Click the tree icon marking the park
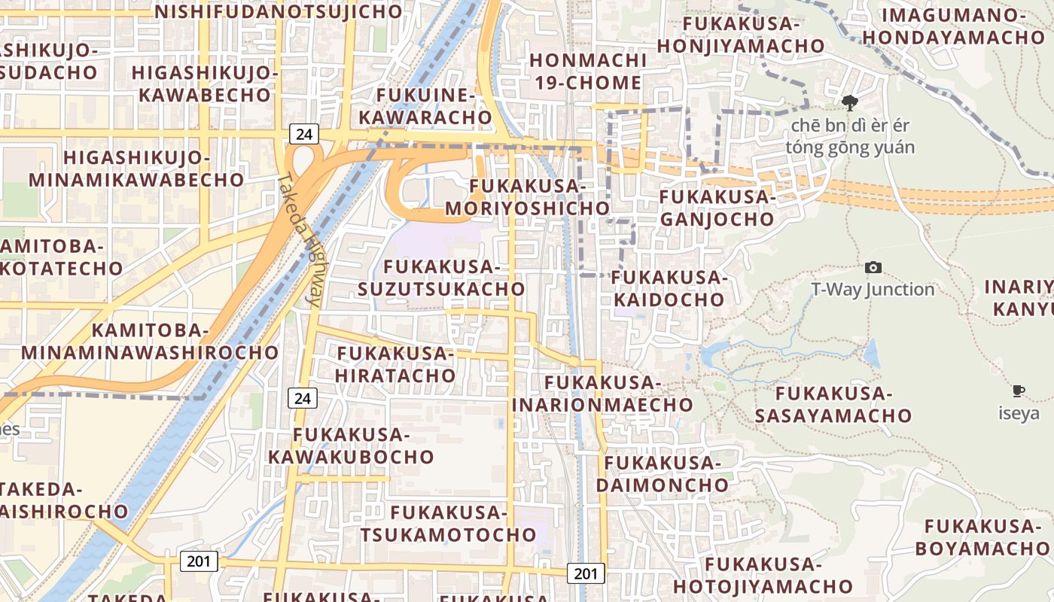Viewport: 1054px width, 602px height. point(850,103)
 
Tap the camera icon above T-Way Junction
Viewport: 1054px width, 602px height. point(873,267)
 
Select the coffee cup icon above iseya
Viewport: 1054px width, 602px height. point(1019,391)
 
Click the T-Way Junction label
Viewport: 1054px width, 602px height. point(873,290)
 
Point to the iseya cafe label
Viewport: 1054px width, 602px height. point(1019,413)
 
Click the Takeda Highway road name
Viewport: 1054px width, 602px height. point(300,239)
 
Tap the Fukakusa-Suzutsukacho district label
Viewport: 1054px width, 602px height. point(441,278)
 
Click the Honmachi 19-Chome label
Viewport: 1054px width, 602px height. point(588,71)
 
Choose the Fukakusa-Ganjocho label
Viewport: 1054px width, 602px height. point(717,208)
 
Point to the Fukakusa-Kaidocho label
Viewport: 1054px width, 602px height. point(669,288)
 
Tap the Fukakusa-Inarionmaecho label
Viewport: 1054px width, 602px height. point(602,394)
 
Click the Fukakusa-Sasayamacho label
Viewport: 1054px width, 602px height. point(833,404)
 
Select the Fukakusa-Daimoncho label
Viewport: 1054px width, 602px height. point(663,473)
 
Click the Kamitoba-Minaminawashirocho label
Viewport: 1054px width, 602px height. point(150,341)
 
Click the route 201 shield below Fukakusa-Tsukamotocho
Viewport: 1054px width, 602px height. point(585,573)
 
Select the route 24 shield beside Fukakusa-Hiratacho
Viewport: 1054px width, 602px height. point(303,398)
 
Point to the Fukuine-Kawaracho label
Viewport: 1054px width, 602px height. point(425,106)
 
